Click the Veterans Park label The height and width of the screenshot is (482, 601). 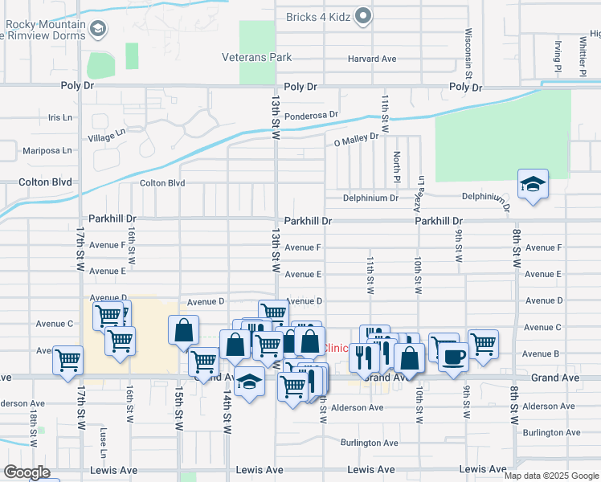[x=256, y=58]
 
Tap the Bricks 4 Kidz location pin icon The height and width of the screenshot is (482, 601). [x=364, y=16]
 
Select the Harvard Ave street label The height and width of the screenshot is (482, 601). [x=372, y=59]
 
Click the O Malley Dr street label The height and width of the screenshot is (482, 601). [x=356, y=139]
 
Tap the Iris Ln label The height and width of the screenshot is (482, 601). [x=60, y=117]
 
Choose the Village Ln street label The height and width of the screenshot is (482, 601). [x=108, y=137]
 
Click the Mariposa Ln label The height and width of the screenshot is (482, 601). [x=47, y=150]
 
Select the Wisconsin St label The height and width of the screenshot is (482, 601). [x=468, y=51]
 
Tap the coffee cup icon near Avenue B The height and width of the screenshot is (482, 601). [x=454, y=356]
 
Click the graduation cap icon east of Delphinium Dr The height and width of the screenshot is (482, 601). [x=533, y=186]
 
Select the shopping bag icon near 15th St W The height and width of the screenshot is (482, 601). [x=184, y=330]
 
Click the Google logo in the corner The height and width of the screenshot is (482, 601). [x=27, y=472]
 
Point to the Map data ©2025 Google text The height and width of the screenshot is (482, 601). [x=550, y=476]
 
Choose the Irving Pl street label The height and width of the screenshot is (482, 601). [x=557, y=57]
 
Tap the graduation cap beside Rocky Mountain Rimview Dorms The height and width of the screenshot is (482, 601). [x=97, y=31]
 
